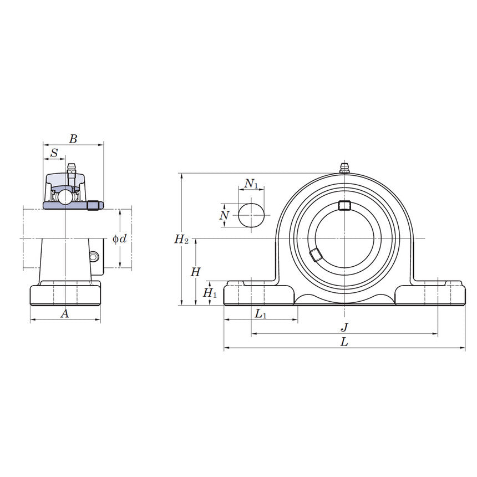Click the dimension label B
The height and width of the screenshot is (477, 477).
[x=73, y=139]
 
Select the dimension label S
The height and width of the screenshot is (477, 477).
[x=54, y=153]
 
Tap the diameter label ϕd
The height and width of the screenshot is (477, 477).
[x=120, y=238]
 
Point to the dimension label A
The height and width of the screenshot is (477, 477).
[x=64, y=314]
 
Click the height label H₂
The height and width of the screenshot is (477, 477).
[x=181, y=239]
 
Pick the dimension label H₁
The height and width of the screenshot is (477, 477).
[x=210, y=293]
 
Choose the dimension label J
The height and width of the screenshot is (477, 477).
[x=344, y=327]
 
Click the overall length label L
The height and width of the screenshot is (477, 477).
[x=344, y=342]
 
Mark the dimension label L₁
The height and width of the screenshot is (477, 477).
[x=260, y=314]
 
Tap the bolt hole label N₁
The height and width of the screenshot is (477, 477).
[x=251, y=183]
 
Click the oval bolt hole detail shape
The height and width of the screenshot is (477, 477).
[x=251, y=215]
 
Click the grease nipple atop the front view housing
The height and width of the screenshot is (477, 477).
[x=344, y=168]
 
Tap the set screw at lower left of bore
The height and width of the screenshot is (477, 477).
[x=316, y=255]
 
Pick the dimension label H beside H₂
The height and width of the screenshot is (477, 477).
[x=195, y=272]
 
